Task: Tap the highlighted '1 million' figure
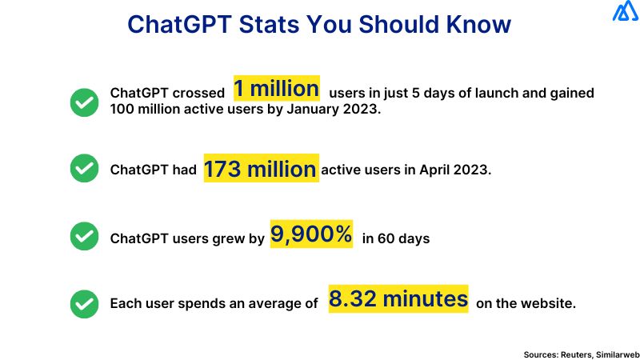pos(276,88)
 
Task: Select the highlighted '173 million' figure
pos(261,170)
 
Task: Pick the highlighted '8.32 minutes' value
pos(398,299)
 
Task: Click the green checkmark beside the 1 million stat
pos(84,102)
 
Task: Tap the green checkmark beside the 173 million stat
pos(84,169)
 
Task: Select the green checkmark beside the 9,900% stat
pos(84,237)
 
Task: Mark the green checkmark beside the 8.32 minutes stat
pos(84,304)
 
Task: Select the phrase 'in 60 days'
pos(396,238)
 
